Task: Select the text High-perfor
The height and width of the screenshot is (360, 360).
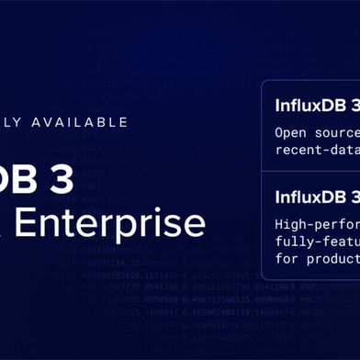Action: tap(317, 223)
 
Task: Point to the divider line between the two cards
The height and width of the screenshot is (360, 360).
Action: tap(312, 171)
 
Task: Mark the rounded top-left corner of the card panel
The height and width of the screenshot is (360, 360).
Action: tap(264, 84)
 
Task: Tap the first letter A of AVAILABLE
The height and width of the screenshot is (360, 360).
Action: tap(39, 121)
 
